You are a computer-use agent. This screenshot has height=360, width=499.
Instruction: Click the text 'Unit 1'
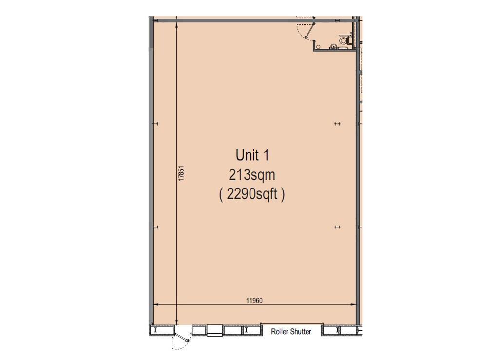click(252, 155)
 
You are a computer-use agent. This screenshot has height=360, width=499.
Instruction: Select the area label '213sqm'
click(252, 175)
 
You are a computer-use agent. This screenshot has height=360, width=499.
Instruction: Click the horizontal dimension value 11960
click(254, 300)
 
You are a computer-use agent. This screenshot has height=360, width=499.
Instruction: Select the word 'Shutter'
click(301, 331)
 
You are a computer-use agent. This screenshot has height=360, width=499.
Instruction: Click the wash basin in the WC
click(333, 47)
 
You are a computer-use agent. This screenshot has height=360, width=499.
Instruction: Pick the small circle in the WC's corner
click(318, 47)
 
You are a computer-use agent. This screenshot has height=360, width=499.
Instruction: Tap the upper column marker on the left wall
click(155, 124)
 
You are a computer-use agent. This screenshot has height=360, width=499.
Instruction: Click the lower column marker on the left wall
click(155, 227)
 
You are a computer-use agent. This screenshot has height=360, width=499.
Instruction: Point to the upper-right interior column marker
click(338, 124)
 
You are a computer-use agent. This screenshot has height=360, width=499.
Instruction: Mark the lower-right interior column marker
click(338, 227)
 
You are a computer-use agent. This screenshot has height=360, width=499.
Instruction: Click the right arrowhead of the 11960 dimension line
click(354, 304)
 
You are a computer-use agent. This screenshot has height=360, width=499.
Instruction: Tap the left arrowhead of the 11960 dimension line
click(156, 304)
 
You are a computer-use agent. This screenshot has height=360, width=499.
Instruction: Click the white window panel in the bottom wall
click(215, 330)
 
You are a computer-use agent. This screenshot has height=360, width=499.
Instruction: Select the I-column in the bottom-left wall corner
click(155, 330)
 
